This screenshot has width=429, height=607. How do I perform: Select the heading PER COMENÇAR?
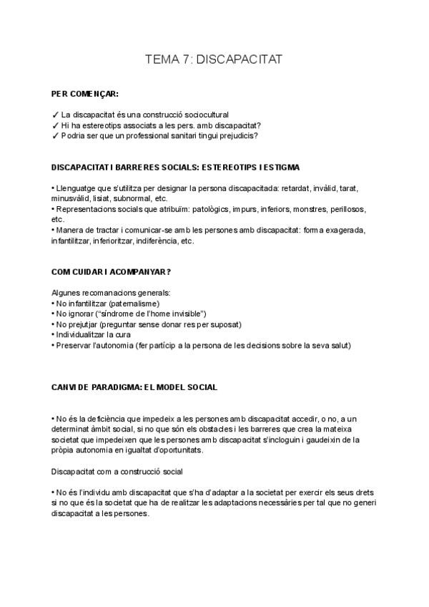click(85, 94)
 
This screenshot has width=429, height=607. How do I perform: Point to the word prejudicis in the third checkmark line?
click(238, 135)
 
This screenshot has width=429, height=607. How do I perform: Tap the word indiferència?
click(157, 241)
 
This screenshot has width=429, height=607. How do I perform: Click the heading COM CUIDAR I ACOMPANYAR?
click(111, 272)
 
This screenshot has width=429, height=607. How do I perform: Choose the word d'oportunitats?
click(255, 450)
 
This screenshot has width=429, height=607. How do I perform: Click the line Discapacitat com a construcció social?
click(118, 472)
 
